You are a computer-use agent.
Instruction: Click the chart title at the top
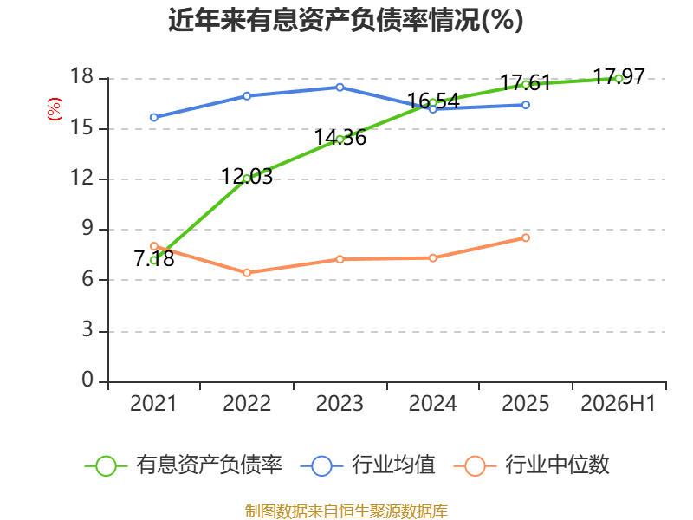click(x=346, y=20)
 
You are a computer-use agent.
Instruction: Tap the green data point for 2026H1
click(x=619, y=79)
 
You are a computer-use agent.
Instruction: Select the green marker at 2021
click(x=154, y=261)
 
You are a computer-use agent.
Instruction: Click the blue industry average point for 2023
click(x=340, y=88)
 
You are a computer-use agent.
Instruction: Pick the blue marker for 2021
click(x=154, y=117)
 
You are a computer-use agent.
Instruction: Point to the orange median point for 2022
click(x=247, y=272)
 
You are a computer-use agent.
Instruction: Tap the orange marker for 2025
click(x=526, y=237)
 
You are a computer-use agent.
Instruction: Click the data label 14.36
click(x=340, y=137)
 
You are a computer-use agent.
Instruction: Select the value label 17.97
click(x=619, y=76)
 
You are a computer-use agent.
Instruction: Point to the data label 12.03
click(x=247, y=177)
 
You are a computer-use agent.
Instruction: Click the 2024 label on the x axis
click(x=432, y=403)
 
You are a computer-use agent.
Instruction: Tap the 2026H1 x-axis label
click(x=618, y=403)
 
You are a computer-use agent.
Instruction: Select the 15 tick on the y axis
click(x=82, y=128)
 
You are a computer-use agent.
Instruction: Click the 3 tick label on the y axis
click(x=87, y=330)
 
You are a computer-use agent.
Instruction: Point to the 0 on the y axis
click(x=87, y=380)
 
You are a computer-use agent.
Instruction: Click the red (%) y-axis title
click(x=55, y=109)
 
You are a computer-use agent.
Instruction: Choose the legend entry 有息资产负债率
click(x=183, y=465)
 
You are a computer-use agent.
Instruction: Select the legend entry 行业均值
click(x=367, y=465)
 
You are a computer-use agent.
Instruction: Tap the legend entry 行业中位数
click(x=531, y=465)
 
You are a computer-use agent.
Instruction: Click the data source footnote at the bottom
click(x=346, y=511)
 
